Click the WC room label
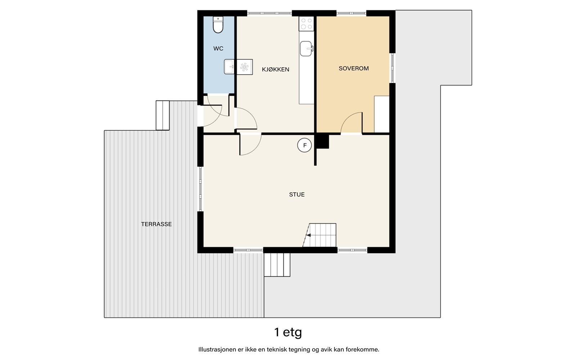click(x=218, y=49)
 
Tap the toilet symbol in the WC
click(x=218, y=25)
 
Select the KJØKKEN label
click(x=275, y=69)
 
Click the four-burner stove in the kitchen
click(x=306, y=24)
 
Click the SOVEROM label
click(x=354, y=68)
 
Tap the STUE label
click(x=297, y=194)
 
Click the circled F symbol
click(x=305, y=145)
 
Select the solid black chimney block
click(x=323, y=141)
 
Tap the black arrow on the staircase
click(x=308, y=235)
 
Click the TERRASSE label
click(x=156, y=224)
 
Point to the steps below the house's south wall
click(x=277, y=265)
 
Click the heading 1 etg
click(x=288, y=332)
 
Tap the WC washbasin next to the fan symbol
click(x=229, y=67)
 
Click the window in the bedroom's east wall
click(x=392, y=68)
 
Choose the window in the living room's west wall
click(x=201, y=189)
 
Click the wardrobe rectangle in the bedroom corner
click(x=382, y=114)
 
